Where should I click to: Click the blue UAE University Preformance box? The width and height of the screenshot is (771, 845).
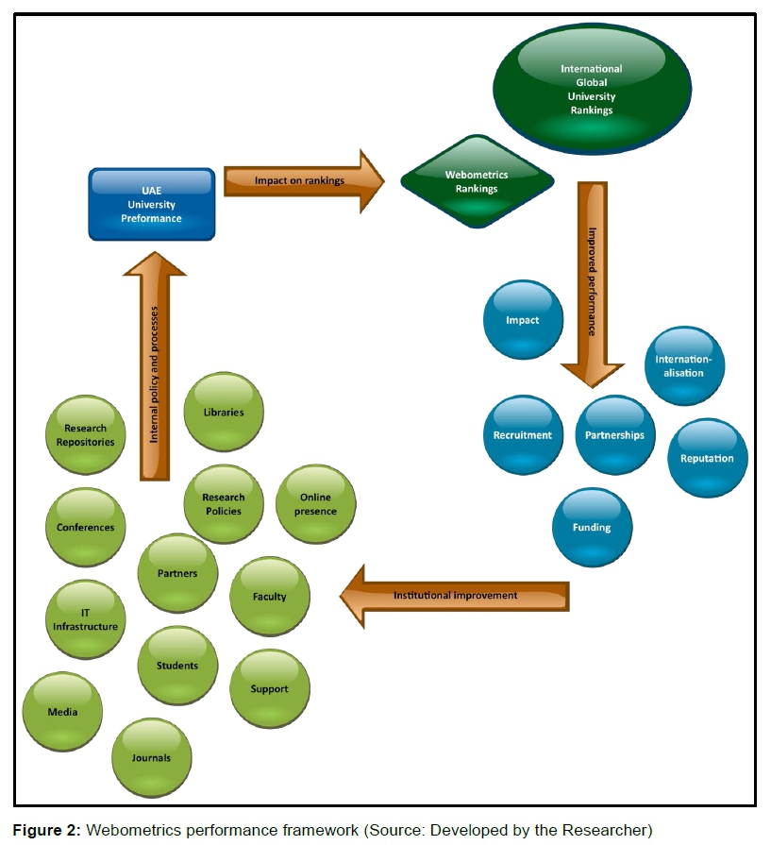pos(151,203)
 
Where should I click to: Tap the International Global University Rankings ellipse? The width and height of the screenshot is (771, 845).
pos(592,90)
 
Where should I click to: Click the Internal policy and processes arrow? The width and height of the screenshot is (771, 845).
pos(155,368)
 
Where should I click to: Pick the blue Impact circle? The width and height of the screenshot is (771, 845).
pos(523,320)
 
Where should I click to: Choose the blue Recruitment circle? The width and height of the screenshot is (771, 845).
pos(523,435)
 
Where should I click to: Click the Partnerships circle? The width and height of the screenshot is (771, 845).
pos(614,435)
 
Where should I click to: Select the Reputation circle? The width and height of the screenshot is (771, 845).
pos(707,459)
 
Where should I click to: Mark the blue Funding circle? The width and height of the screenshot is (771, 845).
pos(592,527)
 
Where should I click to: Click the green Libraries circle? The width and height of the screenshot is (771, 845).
pos(224,412)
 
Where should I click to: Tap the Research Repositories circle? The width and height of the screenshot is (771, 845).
pos(86,434)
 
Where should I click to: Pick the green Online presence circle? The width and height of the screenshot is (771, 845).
pos(316,504)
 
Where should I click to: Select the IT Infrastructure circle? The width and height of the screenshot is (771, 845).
pos(86,619)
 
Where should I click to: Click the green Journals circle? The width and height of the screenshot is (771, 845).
pos(152,756)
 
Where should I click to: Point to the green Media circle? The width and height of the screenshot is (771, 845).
pos(63,711)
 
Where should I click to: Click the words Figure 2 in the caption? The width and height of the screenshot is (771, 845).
pos(46,831)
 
